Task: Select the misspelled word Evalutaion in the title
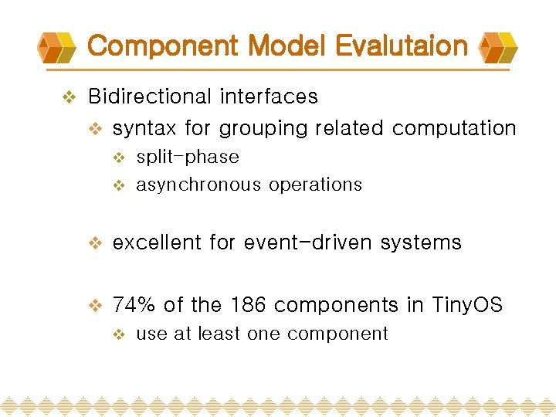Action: point(398,46)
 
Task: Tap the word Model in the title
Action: point(283,46)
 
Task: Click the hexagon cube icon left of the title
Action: point(58,49)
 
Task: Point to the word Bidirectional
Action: point(151,97)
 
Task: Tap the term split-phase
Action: point(188,158)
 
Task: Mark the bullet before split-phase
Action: point(119,158)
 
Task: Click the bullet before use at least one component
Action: point(119,334)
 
